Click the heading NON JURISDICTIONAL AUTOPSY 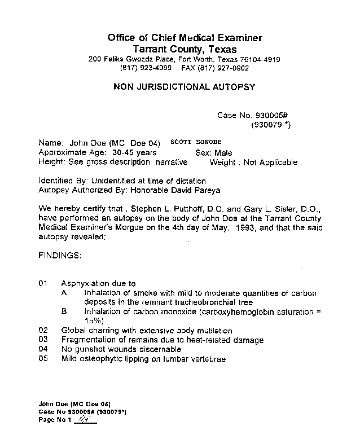185,87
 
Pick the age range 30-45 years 134,153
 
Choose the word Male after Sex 223,153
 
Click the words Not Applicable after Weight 270,162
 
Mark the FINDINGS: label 60,256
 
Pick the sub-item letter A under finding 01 65,293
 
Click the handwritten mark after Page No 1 84,419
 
